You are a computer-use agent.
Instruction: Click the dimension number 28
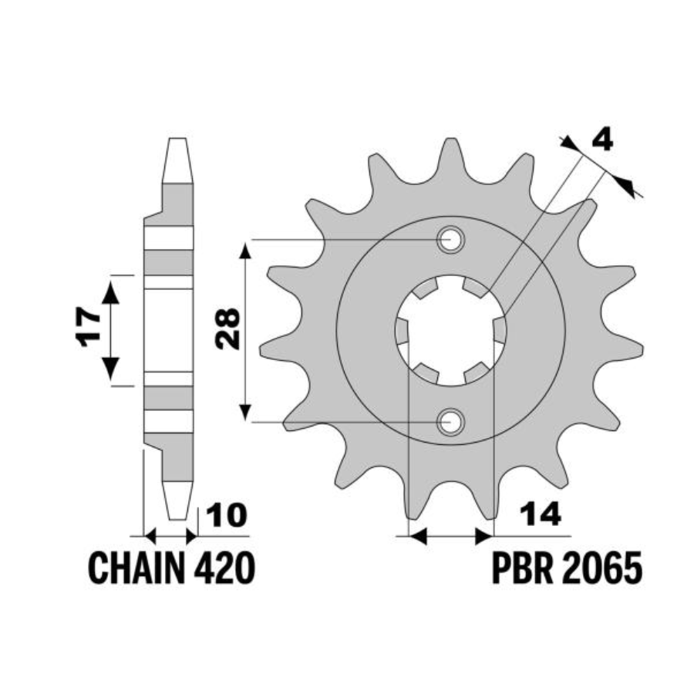click(228, 329)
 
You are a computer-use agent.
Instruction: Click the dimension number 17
click(88, 327)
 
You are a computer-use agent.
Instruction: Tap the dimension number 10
click(226, 515)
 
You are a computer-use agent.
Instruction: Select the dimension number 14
click(541, 514)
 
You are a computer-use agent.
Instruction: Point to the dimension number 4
click(603, 140)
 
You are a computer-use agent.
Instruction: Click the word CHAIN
click(136, 569)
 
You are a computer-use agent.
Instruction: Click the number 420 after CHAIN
click(224, 569)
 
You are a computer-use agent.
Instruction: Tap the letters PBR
click(523, 569)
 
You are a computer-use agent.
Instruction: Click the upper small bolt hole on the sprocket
click(450, 240)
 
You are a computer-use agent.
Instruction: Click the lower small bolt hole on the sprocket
click(450, 422)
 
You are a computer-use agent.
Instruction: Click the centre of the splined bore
click(450, 330)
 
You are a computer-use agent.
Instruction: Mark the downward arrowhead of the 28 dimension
click(245, 413)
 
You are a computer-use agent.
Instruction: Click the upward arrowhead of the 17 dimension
click(110, 292)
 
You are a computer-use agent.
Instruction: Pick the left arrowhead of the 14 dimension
click(418, 537)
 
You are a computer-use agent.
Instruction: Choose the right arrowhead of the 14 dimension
click(483, 537)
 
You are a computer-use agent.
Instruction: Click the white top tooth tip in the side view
click(178, 160)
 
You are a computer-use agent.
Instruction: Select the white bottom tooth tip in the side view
click(178, 500)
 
